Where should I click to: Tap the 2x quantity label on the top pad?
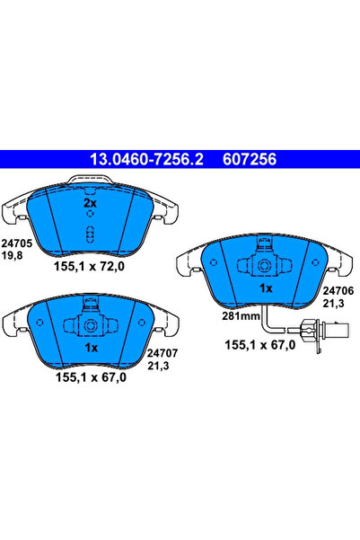pos(90,204)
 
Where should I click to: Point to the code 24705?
pos(16,242)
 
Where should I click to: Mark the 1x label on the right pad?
pos(266,288)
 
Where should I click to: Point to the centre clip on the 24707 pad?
pos(90,325)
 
